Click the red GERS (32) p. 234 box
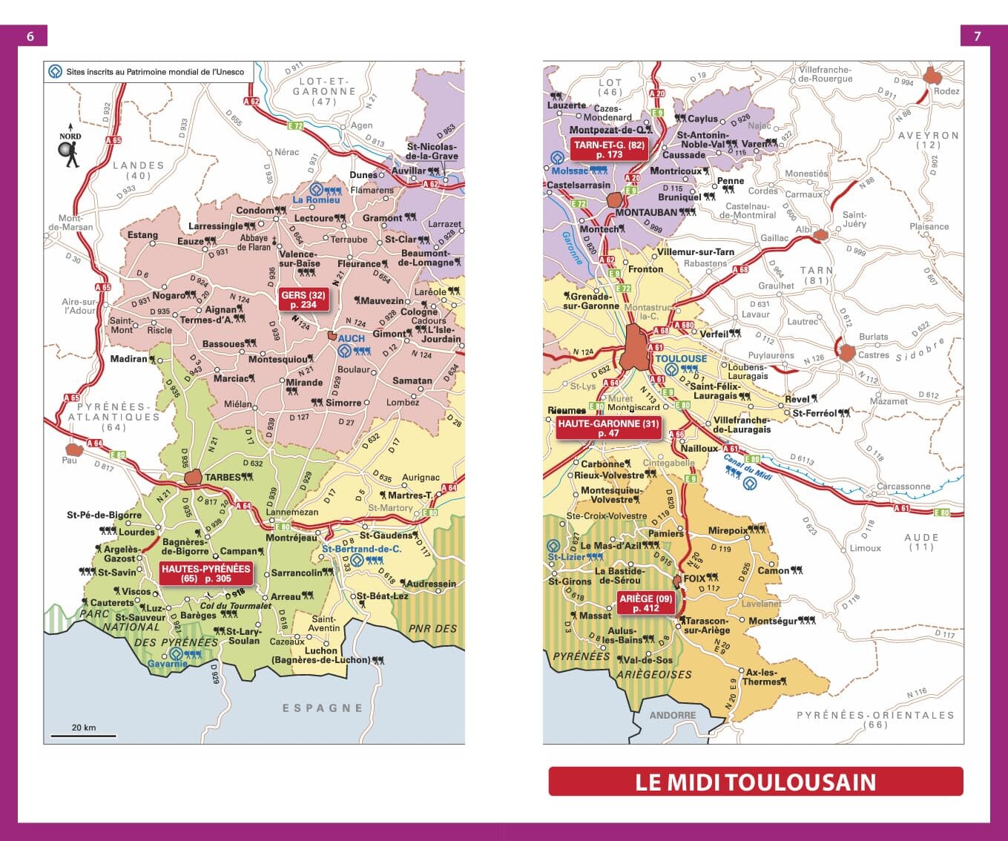pyautogui.click(x=303, y=300)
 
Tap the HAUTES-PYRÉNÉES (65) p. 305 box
pyautogui.click(x=206, y=573)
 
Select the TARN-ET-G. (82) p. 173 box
pyautogui.click(x=609, y=149)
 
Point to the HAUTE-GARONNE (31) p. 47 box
pyautogui.click(x=608, y=428)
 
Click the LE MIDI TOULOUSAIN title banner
pyautogui.click(x=755, y=782)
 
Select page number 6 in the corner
pyautogui.click(x=30, y=36)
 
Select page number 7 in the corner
pyautogui.click(x=977, y=36)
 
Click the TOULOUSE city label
pyautogui.click(x=681, y=358)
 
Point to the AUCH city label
pyautogui.click(x=352, y=338)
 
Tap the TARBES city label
pyautogui.click(x=223, y=478)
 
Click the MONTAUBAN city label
pyautogui.click(x=645, y=212)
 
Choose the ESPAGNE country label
pyautogui.click(x=323, y=708)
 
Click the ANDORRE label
pyautogui.click(x=673, y=715)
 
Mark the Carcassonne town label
pyautogui.click(x=903, y=487)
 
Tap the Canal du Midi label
pyautogui.click(x=748, y=466)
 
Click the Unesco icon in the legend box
pyautogui.click(x=55, y=72)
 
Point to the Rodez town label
pyautogui.click(x=946, y=91)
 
